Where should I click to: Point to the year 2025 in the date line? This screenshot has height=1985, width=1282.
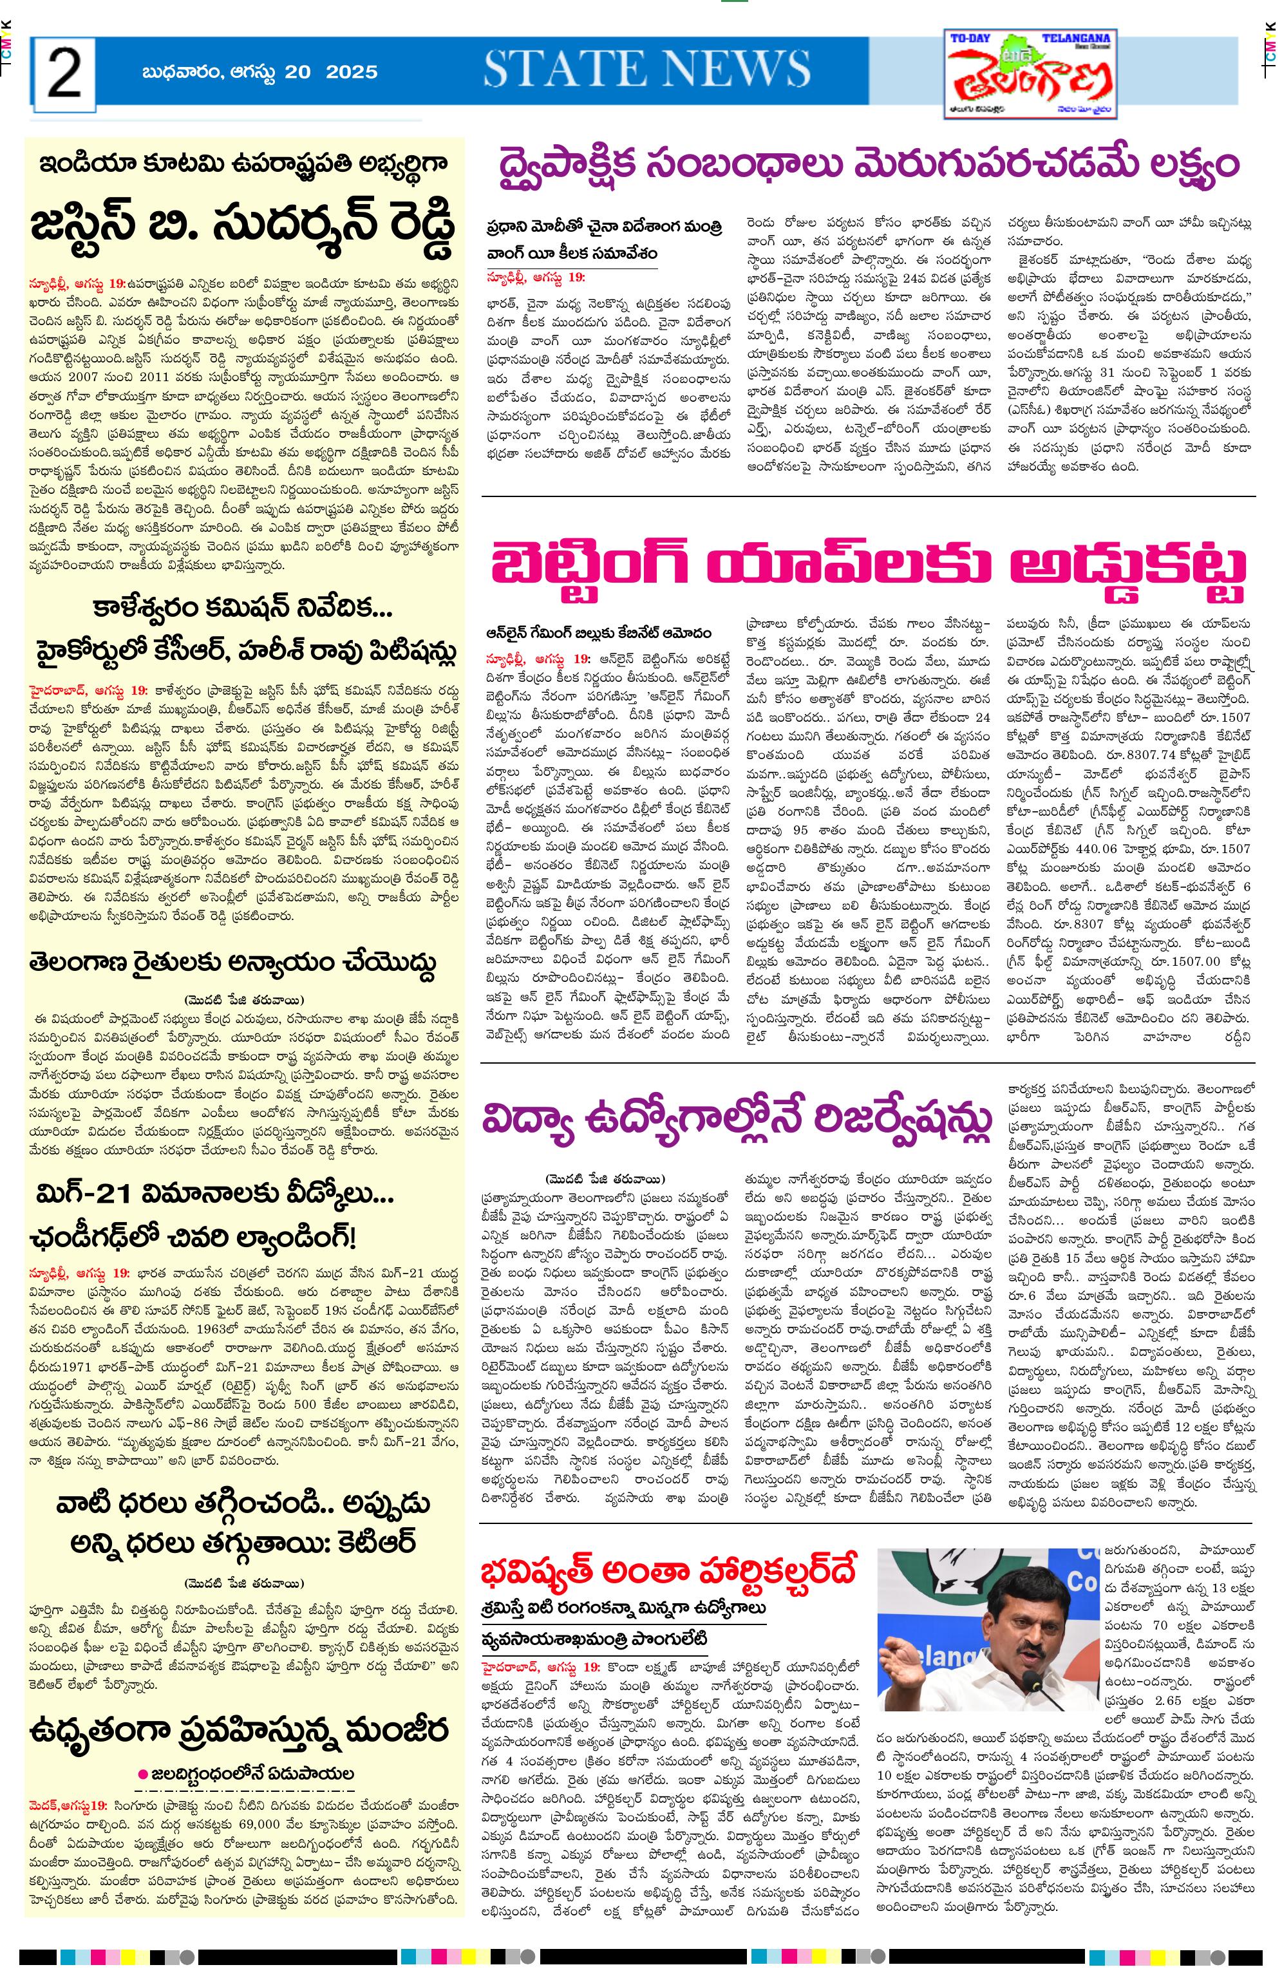(x=352, y=72)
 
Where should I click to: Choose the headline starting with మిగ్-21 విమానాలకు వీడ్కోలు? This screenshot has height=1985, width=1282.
(x=215, y=1197)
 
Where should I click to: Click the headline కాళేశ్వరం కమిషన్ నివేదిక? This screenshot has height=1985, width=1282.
(x=244, y=610)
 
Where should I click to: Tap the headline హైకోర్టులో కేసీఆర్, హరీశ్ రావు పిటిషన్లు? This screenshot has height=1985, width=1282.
(x=244, y=652)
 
